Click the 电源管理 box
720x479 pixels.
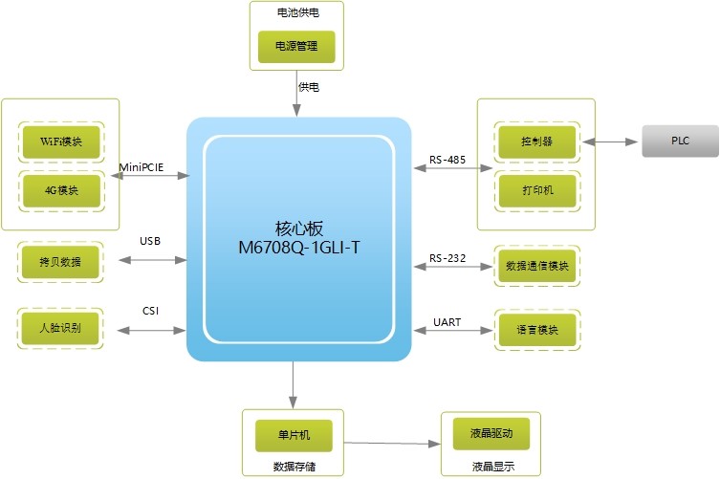[297, 46]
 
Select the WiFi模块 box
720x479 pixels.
[60, 142]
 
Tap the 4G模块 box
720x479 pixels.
[60, 189]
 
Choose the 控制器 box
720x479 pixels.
[536, 142]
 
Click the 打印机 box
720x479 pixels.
[536, 189]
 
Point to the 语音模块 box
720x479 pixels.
[536, 330]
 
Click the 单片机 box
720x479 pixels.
[295, 436]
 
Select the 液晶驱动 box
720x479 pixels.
[491, 433]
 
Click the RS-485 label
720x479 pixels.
[447, 160]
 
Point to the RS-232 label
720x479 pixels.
[447, 257]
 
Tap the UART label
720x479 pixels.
[447, 322]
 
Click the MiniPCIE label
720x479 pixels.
[142, 166]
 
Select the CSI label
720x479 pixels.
[150, 310]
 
